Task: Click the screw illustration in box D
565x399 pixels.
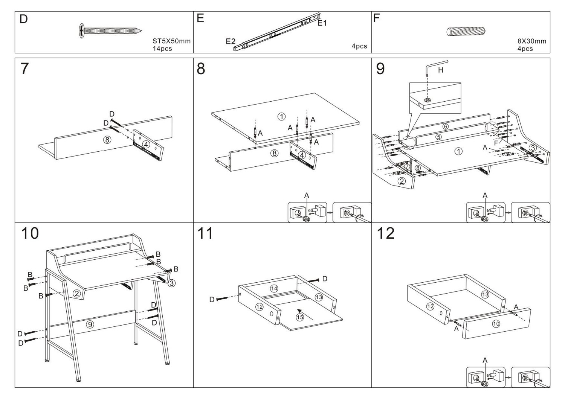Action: [x=111, y=30]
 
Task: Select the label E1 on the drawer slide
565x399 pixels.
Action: [x=322, y=23]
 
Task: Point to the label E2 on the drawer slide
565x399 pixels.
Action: [x=231, y=41]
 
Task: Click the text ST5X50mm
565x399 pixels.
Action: [x=171, y=41]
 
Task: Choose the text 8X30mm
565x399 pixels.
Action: [x=532, y=41]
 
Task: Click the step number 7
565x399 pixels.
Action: [x=25, y=69]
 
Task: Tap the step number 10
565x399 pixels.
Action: [x=30, y=233]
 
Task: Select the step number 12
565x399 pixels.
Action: [x=386, y=233]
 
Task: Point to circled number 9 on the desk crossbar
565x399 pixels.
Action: [x=90, y=324]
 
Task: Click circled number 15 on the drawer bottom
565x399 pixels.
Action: [x=300, y=317]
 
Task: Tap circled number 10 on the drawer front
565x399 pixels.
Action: [x=496, y=324]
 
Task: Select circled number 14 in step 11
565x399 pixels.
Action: [x=274, y=288]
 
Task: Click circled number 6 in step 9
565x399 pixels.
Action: [x=445, y=126]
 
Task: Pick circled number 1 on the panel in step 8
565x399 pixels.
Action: [x=281, y=116]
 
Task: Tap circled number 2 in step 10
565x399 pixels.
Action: [x=76, y=294]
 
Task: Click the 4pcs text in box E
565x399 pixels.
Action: [x=359, y=46]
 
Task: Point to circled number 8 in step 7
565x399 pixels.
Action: [x=107, y=140]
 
